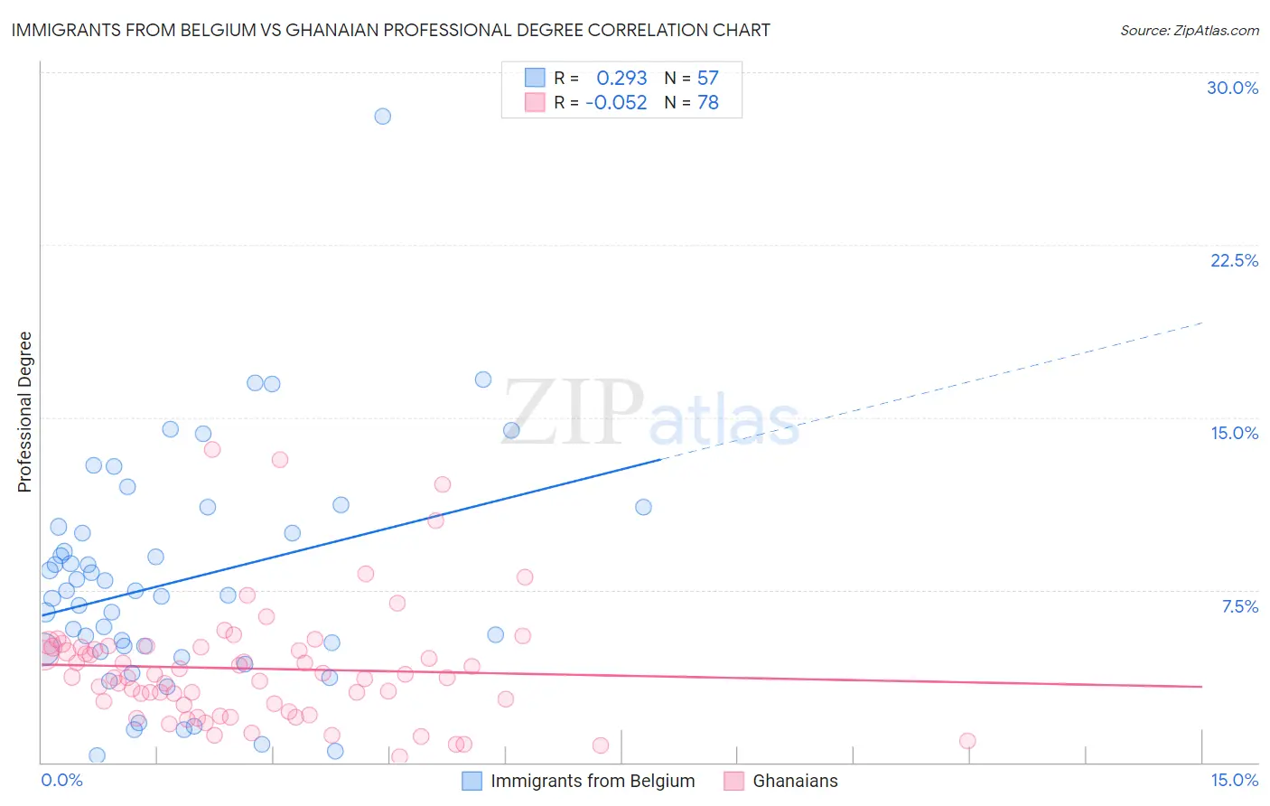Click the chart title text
tap(390, 30)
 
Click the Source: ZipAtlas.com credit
tap(1189, 31)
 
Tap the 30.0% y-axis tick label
tap(1232, 88)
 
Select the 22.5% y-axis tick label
tap(1234, 260)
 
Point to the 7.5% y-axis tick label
tap(1239, 606)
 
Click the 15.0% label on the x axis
tap(1234, 780)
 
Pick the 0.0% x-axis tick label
tap(62, 780)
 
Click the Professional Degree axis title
tap(24, 412)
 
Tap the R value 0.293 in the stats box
tap(621, 79)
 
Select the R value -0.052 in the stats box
tap(616, 103)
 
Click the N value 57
tap(707, 79)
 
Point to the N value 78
tap(707, 103)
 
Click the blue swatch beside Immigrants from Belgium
tap(472, 781)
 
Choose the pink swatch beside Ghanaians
tap(733, 781)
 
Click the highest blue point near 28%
tap(383, 117)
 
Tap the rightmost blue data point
tap(643, 507)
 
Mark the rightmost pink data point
tap(967, 741)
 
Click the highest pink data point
tap(212, 449)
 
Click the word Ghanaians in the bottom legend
tap(795, 781)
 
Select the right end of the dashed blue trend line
tap(1201, 323)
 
